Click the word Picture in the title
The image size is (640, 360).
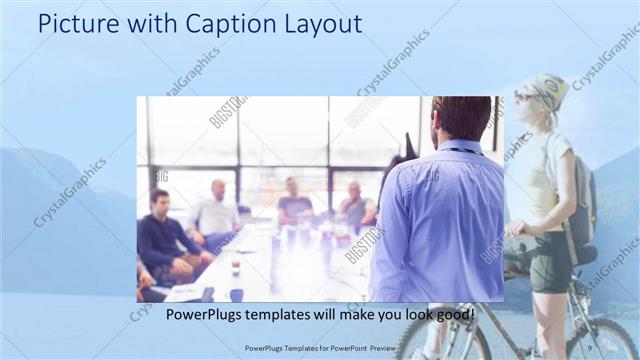tap(74, 24)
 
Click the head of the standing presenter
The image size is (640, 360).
tap(461, 118)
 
